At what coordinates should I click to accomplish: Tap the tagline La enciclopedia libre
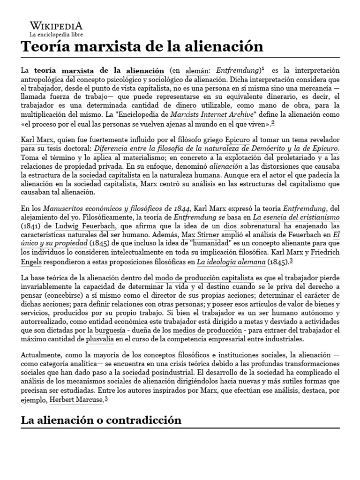[55, 35]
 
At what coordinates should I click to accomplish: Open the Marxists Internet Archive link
[204, 115]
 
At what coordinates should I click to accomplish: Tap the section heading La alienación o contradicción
[101, 420]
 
